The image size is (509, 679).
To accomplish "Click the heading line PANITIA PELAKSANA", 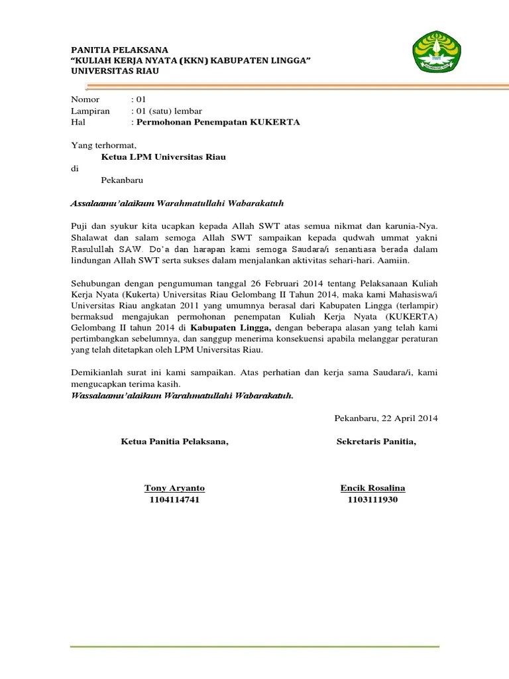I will (120, 50).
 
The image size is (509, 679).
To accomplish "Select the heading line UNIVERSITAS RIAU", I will (115, 71).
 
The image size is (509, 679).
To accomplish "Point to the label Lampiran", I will (91, 111).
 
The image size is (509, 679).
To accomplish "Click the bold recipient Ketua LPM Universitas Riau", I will (163, 157).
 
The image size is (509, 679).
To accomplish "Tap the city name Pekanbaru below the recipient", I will (122, 180).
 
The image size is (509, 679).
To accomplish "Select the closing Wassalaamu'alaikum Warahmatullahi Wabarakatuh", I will (182, 396).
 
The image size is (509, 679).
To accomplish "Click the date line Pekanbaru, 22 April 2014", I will (386, 418).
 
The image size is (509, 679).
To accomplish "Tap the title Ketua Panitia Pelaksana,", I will (174, 442).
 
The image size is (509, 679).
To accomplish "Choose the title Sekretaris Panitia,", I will (376, 442).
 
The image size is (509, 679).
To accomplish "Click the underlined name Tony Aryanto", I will (174, 488).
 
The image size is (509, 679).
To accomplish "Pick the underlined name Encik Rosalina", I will (372, 488).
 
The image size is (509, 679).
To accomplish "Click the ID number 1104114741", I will (174, 499).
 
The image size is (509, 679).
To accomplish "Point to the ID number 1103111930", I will (372, 499).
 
